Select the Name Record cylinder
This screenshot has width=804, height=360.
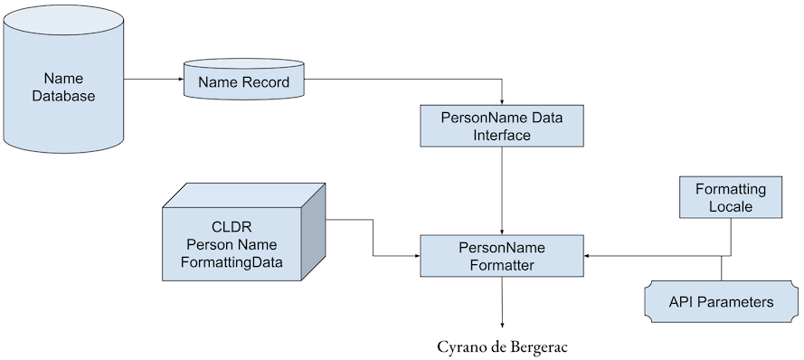243,83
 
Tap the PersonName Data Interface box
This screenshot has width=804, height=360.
502,126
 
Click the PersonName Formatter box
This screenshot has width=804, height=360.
502,255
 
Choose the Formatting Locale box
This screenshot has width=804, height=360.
730,197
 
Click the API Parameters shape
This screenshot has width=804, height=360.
721,302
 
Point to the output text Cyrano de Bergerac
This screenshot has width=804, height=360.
502,346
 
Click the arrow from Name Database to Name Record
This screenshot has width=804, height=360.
154,79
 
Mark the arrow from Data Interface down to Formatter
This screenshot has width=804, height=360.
502,190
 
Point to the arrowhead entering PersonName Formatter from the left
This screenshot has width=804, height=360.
416,256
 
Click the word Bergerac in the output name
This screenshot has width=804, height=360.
536,346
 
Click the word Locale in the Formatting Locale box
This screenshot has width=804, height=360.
730,206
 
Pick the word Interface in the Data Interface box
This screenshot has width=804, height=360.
502,135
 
